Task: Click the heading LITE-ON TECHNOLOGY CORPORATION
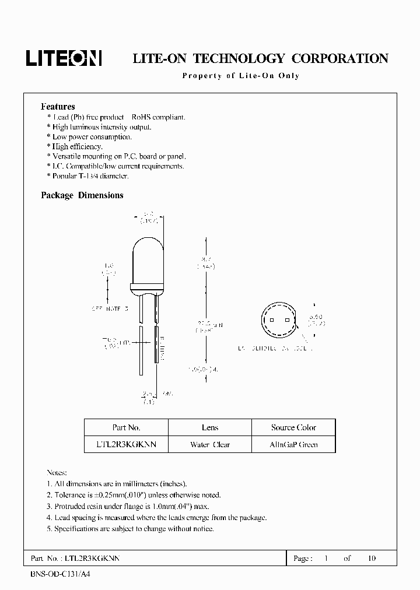point(260,58)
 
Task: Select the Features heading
point(58,107)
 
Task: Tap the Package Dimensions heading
point(82,196)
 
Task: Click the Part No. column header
point(126,427)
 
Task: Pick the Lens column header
point(210,427)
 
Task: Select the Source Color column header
point(293,427)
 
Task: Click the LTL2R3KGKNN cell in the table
point(126,444)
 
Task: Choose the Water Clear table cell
point(210,444)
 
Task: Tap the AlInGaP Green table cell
point(293,444)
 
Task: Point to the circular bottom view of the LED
point(278,321)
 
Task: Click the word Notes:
point(57,472)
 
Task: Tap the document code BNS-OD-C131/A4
point(60,574)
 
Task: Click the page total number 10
point(372,559)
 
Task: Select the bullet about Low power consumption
point(89,137)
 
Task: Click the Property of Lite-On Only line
point(240,76)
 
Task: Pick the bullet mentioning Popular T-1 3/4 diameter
point(87,175)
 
